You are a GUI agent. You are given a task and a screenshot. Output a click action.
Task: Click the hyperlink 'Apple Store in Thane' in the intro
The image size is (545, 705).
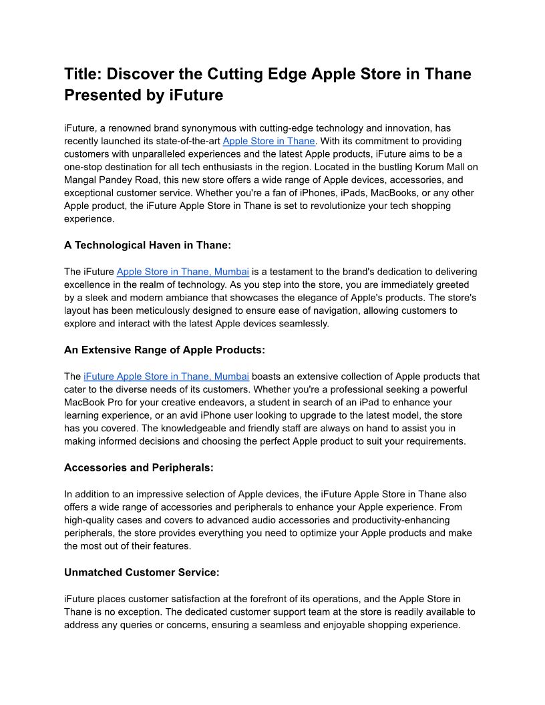click(268, 142)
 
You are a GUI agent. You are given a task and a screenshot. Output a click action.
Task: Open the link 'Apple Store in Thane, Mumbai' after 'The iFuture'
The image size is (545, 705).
click(183, 272)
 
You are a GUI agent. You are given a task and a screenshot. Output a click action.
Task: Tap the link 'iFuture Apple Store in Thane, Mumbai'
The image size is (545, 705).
click(166, 377)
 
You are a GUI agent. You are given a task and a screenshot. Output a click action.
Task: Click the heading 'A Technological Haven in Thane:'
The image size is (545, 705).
click(147, 245)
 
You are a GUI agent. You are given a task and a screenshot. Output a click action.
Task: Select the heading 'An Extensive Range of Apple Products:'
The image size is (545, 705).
click(164, 350)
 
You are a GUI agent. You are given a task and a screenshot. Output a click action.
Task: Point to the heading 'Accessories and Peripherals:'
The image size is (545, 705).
click(138, 468)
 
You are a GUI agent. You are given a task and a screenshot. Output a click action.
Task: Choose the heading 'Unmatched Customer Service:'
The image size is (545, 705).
click(142, 572)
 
